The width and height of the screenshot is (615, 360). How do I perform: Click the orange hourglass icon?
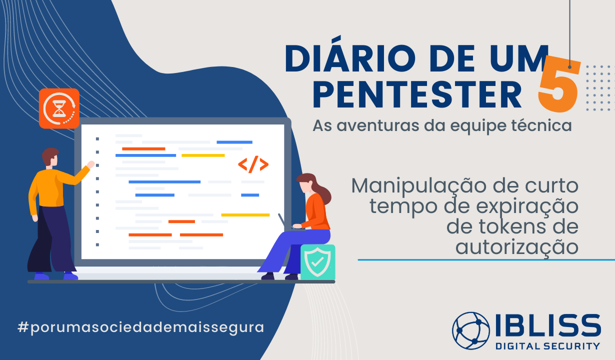[59, 108]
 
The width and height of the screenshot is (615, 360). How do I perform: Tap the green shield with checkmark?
[317, 262]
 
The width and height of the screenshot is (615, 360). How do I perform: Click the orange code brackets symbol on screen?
[253, 164]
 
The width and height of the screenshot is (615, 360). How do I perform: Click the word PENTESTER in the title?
[417, 94]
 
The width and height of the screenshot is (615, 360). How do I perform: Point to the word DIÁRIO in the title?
[350, 57]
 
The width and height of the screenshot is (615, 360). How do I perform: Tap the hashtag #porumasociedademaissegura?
[140, 327]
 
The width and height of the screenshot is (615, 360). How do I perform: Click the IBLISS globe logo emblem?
[471, 330]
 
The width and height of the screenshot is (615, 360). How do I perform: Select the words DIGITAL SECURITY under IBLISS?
[547, 346]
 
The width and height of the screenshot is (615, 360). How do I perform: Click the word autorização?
[517, 246]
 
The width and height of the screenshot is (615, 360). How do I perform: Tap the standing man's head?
[50, 157]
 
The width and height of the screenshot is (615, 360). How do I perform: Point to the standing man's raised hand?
[90, 164]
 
